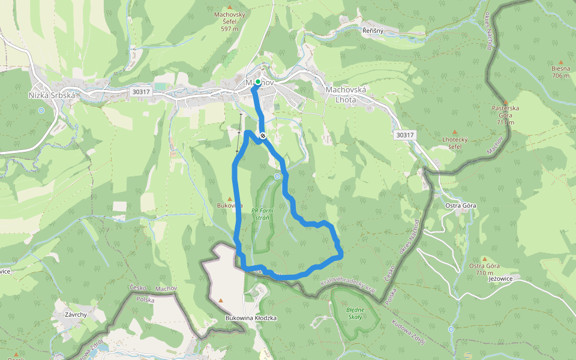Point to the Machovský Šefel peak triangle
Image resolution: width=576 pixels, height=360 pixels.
point(229,7)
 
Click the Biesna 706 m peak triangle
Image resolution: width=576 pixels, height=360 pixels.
point(561,62)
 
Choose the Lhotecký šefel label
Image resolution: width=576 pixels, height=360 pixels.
point(454,143)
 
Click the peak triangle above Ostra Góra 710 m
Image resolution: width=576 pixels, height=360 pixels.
point(485,259)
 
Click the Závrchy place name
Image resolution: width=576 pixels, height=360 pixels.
point(75,314)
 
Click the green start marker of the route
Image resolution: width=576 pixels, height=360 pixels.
point(257,82)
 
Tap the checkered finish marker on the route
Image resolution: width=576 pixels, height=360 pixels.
point(263,135)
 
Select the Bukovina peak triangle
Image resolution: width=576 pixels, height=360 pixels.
point(229,199)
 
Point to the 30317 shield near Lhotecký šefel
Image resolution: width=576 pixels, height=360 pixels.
point(405,135)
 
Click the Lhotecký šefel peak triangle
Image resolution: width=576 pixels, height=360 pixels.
point(454,132)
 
